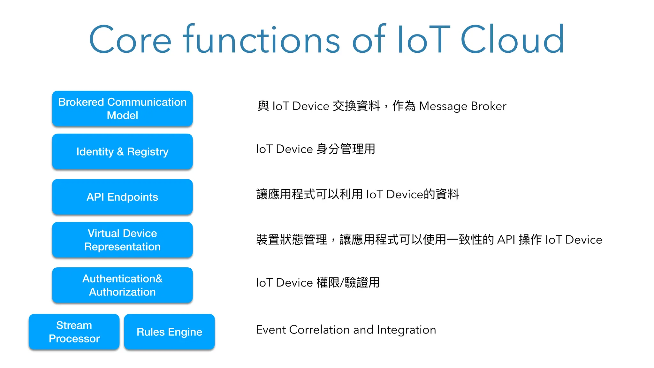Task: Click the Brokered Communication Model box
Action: pos(122,109)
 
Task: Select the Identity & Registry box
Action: pos(122,151)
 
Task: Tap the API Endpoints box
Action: pos(122,197)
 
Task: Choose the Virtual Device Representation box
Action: pos(122,240)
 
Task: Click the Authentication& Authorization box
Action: pos(122,285)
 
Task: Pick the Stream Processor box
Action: pos(74,332)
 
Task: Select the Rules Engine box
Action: pos(169,332)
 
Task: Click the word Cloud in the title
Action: pos(512,40)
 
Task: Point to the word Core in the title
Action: pos(130,40)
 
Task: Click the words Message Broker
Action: pos(462,106)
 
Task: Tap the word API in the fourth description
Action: pos(506,240)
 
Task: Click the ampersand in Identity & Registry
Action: pos(120,151)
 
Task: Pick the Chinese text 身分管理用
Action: pos(346,149)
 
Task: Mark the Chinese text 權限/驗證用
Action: pos(348,283)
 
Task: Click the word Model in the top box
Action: pos(122,115)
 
